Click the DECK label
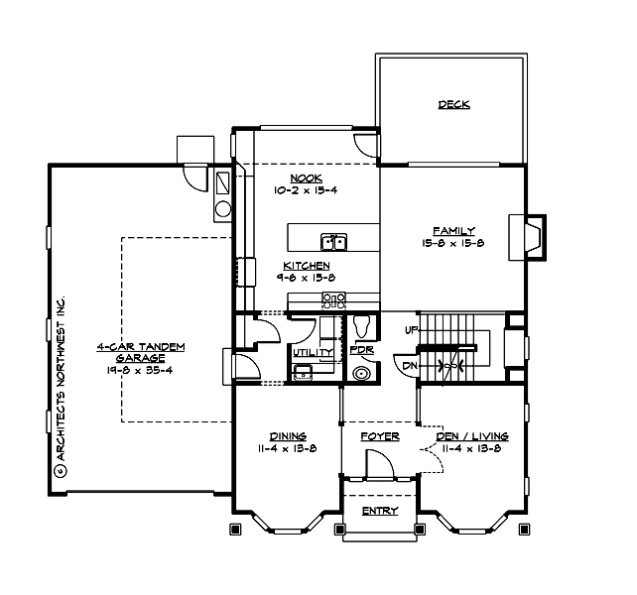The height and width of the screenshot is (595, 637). coord(452,104)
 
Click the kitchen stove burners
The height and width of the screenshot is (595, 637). coord(334,297)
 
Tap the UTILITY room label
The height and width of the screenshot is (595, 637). coord(312,351)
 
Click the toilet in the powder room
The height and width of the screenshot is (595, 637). coord(362,325)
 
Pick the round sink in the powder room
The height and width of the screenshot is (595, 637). coord(363,374)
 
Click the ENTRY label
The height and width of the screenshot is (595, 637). coord(379,511)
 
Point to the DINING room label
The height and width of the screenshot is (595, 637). coord(287,435)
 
